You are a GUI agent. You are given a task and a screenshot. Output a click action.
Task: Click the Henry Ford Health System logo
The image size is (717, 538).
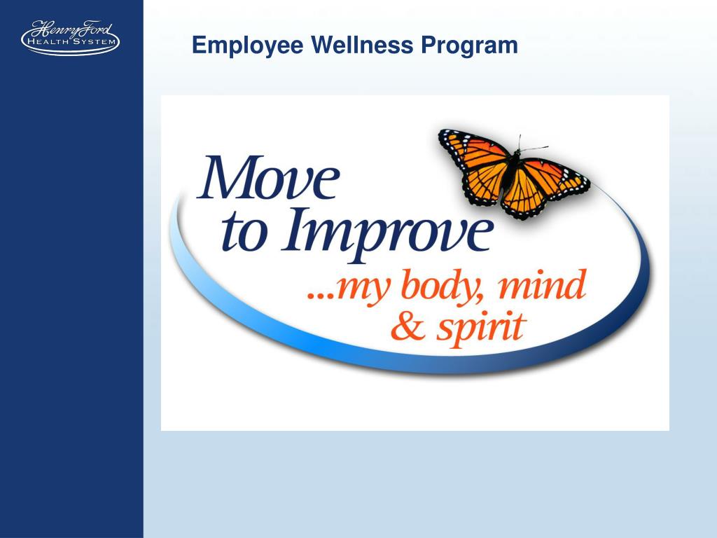[70, 38]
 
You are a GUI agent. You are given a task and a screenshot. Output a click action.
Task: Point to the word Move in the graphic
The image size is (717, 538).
[269, 179]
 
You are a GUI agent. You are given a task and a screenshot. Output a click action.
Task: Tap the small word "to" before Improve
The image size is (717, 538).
[240, 235]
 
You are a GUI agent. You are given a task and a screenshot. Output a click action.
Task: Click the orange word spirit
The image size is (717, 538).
[480, 327]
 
